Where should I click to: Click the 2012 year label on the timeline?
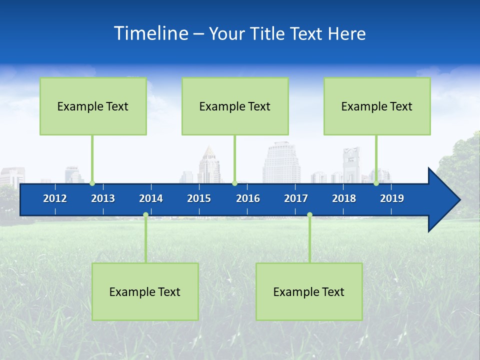[x=55, y=198]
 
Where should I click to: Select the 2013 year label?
[x=103, y=198]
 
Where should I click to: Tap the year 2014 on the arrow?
[x=151, y=198]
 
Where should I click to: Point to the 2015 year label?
[x=199, y=198]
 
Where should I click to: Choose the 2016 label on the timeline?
[x=248, y=198]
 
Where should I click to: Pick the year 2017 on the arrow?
[x=296, y=198]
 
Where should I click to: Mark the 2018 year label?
[x=344, y=198]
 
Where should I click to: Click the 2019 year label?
[x=392, y=198]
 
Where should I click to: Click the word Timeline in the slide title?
[x=151, y=33]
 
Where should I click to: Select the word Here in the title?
[x=346, y=33]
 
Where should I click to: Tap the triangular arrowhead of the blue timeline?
[x=443, y=200]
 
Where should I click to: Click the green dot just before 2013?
[x=92, y=183]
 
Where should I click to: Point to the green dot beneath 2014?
[x=145, y=215]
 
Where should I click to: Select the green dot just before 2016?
[x=234, y=183]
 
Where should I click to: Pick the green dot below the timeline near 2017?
[x=309, y=215]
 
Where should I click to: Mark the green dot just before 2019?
[x=376, y=183]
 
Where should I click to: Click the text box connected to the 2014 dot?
[x=145, y=291]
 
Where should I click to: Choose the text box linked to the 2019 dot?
[x=377, y=106]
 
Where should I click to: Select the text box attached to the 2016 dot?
[x=235, y=106]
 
